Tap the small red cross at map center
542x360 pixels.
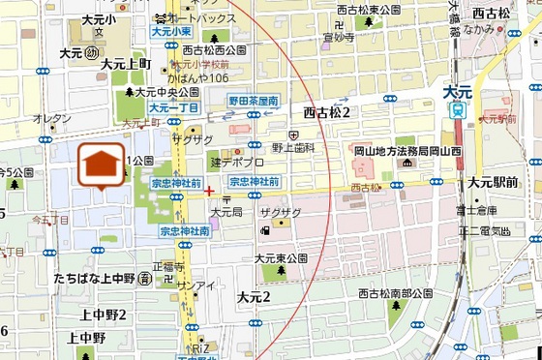point(209,191)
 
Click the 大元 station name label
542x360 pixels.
point(456,92)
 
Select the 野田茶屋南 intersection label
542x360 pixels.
point(254,100)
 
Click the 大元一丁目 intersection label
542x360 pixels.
point(174,107)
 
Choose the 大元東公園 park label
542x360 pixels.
point(280,258)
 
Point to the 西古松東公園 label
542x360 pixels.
point(368,10)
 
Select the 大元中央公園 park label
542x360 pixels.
point(166,93)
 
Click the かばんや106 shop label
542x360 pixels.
point(197,77)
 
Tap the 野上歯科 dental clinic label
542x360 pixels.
point(294,148)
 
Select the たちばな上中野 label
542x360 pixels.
point(94,278)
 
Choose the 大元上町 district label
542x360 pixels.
point(125,63)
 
